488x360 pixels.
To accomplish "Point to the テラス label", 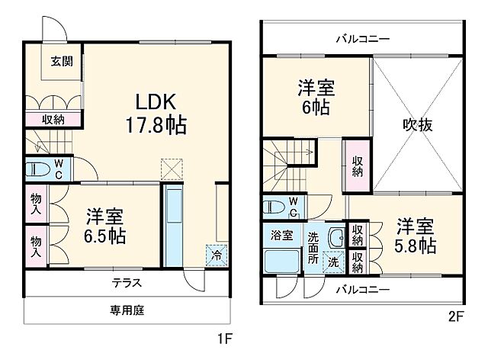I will [127, 282].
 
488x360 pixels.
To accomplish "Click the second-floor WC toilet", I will [283, 204].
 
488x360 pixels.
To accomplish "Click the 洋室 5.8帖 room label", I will [416, 236].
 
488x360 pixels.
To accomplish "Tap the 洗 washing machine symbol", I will [333, 262].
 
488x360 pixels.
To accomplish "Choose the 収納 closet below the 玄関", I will [53, 119].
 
